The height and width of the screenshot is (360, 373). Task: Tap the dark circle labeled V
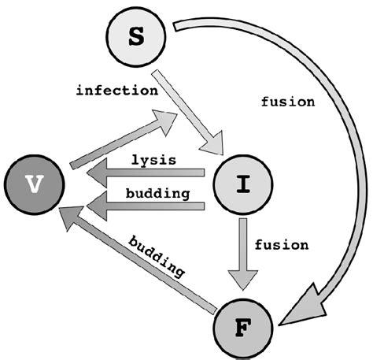tap(34, 183)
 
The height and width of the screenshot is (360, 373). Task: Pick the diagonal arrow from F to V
tap(142, 265)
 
